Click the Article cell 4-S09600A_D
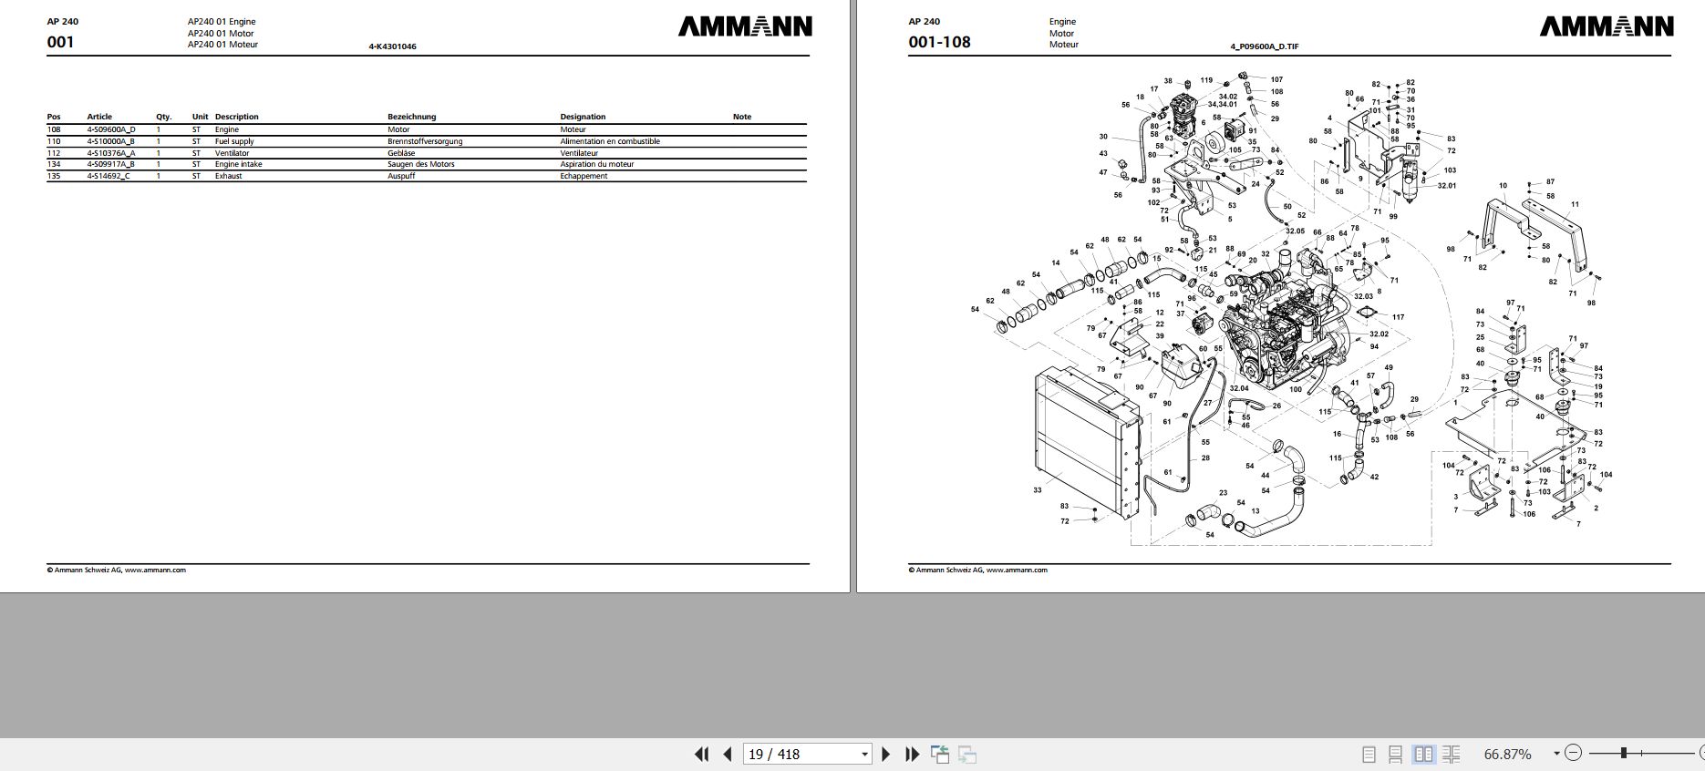[x=110, y=129]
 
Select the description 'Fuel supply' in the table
[x=234, y=141]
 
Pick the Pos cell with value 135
[x=54, y=176]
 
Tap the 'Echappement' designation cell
[x=584, y=176]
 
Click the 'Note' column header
[x=742, y=117]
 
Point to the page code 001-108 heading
[x=939, y=42]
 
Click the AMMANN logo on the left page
[x=745, y=27]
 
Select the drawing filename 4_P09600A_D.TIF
[x=1265, y=46]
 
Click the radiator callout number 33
[x=1037, y=490]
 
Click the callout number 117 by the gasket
[x=1399, y=317]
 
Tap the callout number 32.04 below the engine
[x=1238, y=388]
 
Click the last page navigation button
[x=912, y=754]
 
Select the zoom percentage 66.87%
[x=1508, y=754]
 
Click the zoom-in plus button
[x=1701, y=754]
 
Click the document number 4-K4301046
[x=392, y=46]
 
